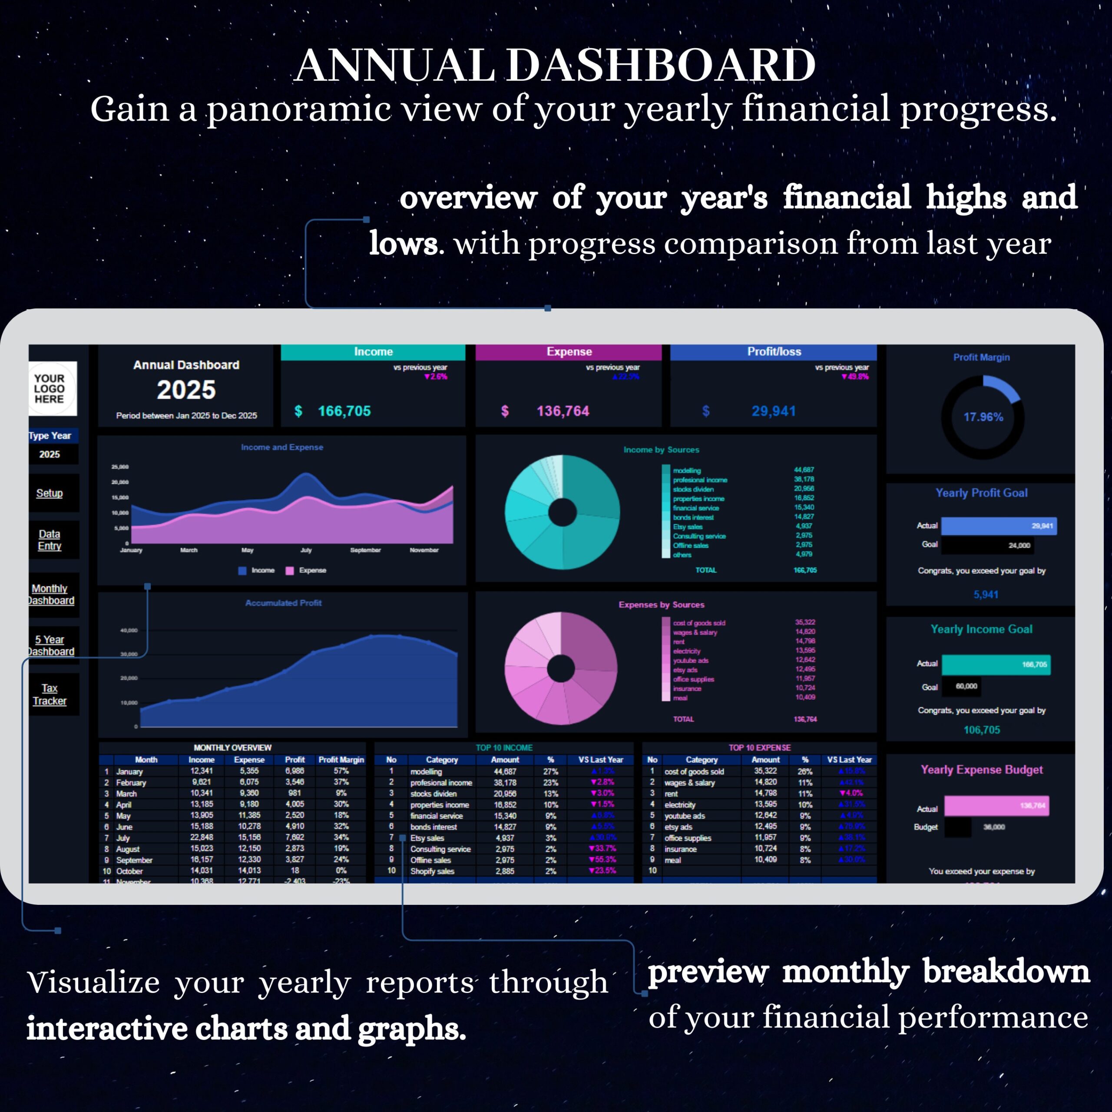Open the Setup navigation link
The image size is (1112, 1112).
pos(50,493)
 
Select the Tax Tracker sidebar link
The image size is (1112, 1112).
pos(50,694)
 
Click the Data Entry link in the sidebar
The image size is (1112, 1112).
pos(50,540)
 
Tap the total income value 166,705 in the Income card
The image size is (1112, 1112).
pos(344,411)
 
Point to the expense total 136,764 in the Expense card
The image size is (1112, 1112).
pos(563,411)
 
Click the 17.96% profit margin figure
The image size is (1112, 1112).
pos(983,417)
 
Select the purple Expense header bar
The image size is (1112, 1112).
pos(569,352)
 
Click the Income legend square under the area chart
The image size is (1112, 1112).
pos(242,570)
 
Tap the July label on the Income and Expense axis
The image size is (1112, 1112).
pos(306,550)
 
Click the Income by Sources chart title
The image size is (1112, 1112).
pos(661,450)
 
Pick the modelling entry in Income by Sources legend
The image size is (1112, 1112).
pos(687,470)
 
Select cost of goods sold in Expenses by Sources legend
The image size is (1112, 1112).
pos(699,623)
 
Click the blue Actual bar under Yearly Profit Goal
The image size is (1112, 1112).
pos(998,526)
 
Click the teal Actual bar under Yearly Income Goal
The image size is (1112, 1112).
pos(995,665)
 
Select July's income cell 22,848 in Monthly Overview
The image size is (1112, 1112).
pos(202,837)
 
